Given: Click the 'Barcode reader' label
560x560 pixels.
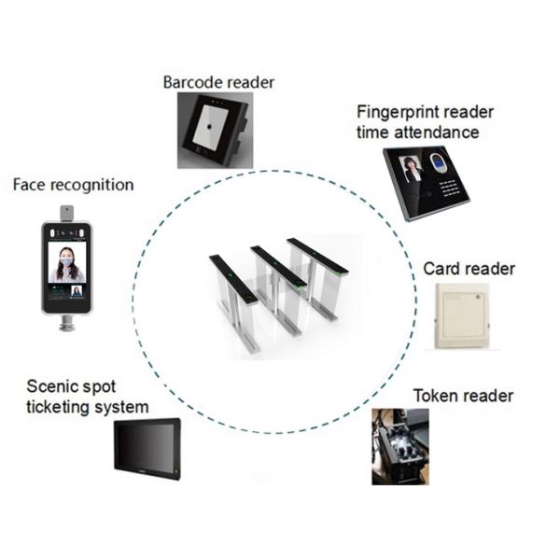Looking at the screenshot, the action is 218,82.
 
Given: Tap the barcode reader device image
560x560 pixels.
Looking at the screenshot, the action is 216,131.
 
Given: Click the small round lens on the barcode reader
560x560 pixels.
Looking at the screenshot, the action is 209,127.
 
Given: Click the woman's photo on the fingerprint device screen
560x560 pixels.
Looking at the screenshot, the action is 412,170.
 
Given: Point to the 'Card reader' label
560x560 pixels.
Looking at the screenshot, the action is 469,269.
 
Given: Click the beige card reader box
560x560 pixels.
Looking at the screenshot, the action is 462,316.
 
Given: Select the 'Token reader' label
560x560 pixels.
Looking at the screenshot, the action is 463,396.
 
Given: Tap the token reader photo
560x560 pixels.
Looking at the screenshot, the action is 400,447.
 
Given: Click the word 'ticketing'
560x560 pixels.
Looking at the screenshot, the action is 57,407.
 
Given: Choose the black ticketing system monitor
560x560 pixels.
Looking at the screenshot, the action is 147,449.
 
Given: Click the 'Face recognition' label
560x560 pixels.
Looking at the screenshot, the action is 73,185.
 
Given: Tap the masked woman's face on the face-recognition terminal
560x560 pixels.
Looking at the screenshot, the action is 66,260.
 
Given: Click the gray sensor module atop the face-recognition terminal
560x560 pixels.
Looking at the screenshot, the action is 66,213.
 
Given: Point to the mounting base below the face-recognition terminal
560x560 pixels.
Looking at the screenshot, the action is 67,323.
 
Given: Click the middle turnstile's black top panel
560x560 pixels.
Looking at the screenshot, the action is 278,266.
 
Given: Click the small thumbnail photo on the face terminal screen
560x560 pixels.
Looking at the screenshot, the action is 77,291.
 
